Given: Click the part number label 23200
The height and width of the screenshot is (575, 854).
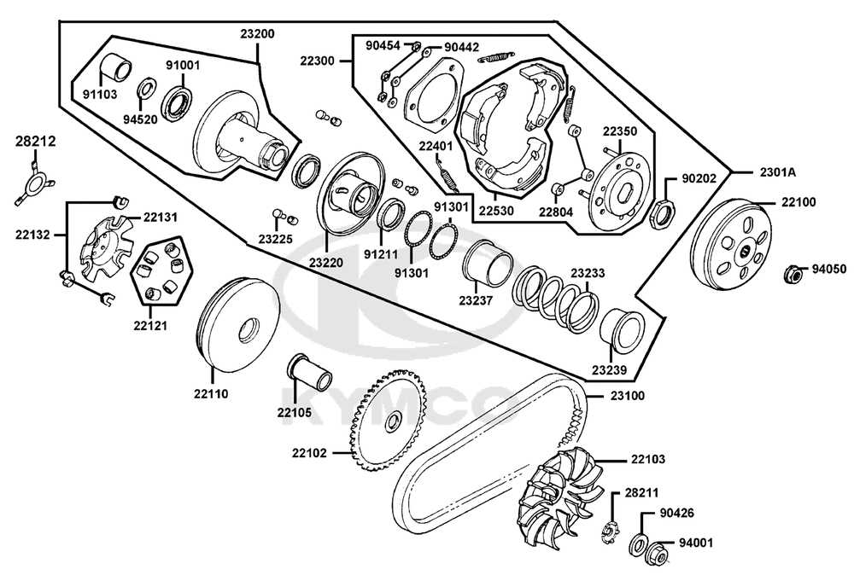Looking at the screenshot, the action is tap(258, 34).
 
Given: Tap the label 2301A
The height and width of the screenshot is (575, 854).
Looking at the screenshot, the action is tap(778, 172).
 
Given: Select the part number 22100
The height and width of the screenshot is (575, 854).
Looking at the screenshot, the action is tap(798, 202).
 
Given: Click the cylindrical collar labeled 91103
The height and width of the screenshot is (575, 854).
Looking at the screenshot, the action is tap(115, 68).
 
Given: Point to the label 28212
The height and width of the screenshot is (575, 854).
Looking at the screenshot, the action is tap(35, 142).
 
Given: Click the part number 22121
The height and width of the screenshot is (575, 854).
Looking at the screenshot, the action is tap(150, 326).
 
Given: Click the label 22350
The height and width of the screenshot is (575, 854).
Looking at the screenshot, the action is tap(620, 131).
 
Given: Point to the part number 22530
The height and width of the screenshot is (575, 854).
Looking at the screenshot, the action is tap(496, 210).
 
